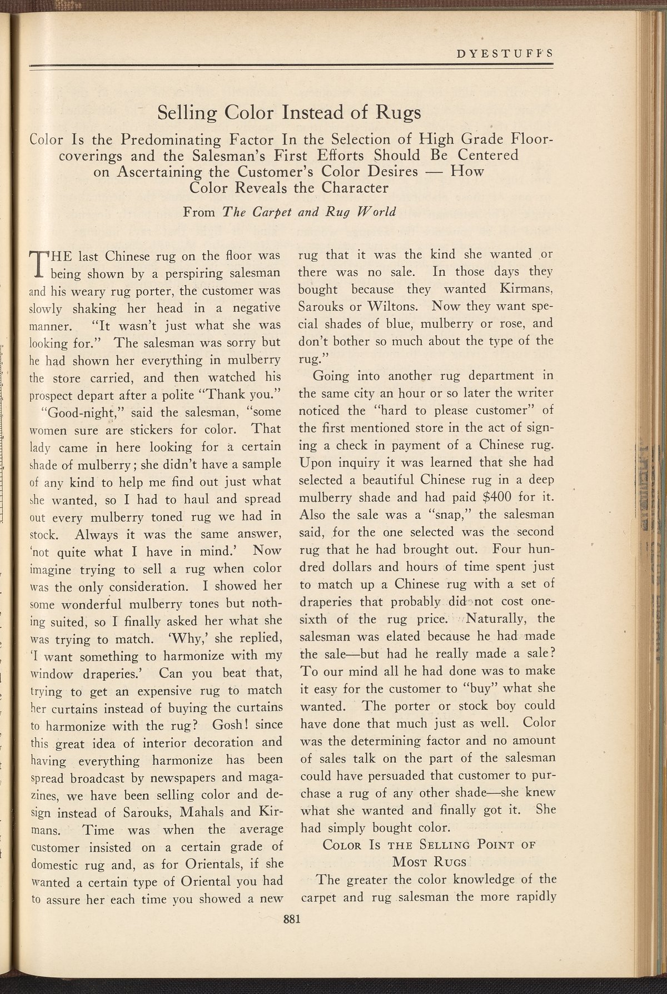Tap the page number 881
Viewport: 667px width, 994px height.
click(292, 919)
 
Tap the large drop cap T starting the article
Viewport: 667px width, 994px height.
click(39, 266)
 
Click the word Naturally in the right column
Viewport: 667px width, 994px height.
click(498, 618)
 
